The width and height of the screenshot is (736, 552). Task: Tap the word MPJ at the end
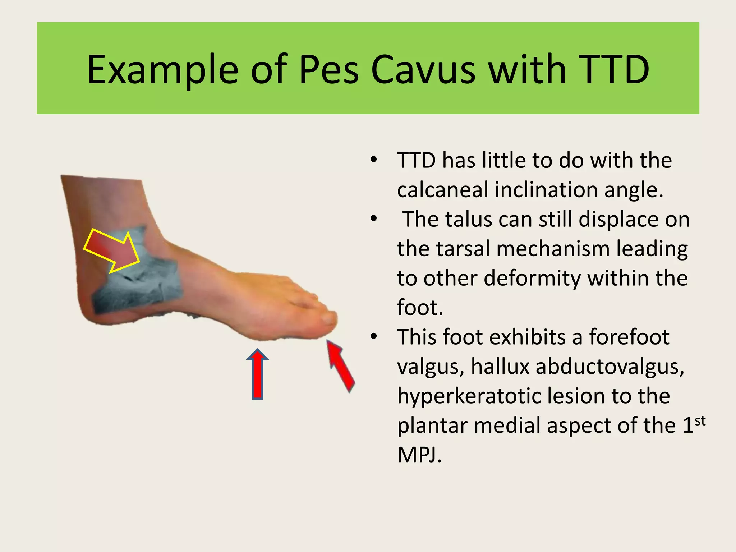click(x=419, y=455)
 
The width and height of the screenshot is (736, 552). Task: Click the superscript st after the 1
click(x=700, y=421)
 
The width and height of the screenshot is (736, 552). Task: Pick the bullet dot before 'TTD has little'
click(x=374, y=160)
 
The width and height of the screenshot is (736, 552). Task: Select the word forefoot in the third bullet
click(x=629, y=337)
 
